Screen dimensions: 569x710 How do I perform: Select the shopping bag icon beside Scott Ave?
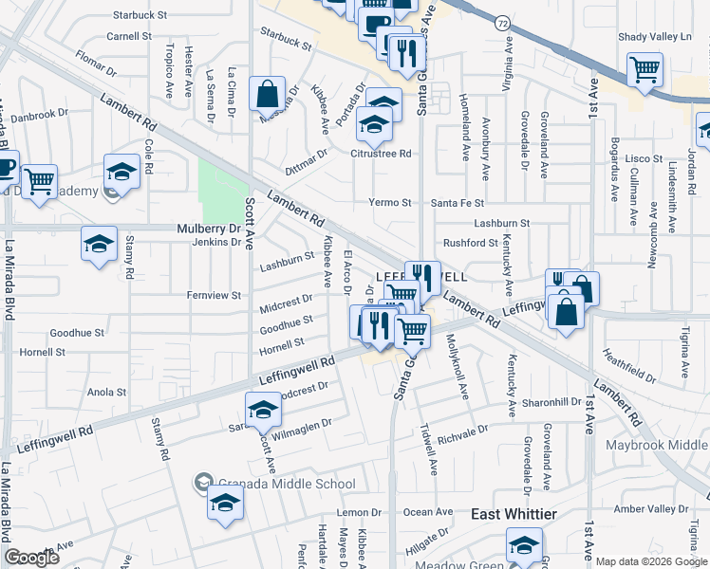click(267, 95)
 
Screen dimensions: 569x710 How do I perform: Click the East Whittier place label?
click(514, 513)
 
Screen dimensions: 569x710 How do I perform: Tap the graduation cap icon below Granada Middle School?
click(225, 504)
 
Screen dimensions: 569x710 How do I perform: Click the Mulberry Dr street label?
click(210, 229)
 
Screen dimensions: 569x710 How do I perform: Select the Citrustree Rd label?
click(381, 153)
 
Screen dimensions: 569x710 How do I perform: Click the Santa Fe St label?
click(458, 203)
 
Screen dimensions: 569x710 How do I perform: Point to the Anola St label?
click(106, 392)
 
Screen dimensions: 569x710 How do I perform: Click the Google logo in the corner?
click(31, 558)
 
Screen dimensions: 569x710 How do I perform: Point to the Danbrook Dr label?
click(41, 113)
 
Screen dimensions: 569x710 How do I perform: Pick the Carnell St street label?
click(129, 36)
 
